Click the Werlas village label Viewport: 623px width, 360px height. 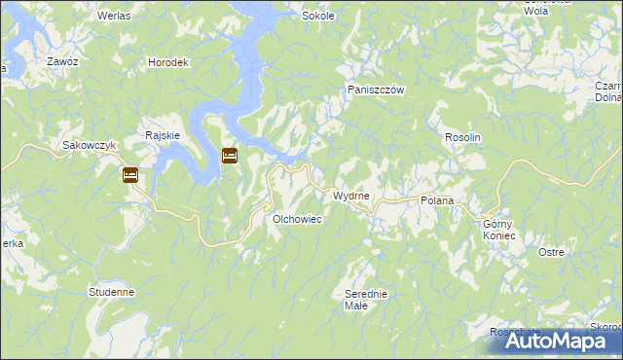[115, 18]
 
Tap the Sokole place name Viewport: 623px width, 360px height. [318, 17]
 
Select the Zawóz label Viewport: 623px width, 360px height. [62, 60]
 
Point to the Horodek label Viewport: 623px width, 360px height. [167, 62]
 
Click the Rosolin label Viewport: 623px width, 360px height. [463, 138]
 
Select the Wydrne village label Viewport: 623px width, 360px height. [351, 196]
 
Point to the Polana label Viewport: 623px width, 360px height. [437, 200]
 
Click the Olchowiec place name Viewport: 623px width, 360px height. [298, 220]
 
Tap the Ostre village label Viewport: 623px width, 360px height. [551, 252]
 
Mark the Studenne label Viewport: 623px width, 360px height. [111, 291]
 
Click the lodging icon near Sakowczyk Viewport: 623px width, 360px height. [130, 175]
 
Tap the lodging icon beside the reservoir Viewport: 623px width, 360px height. [230, 155]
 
